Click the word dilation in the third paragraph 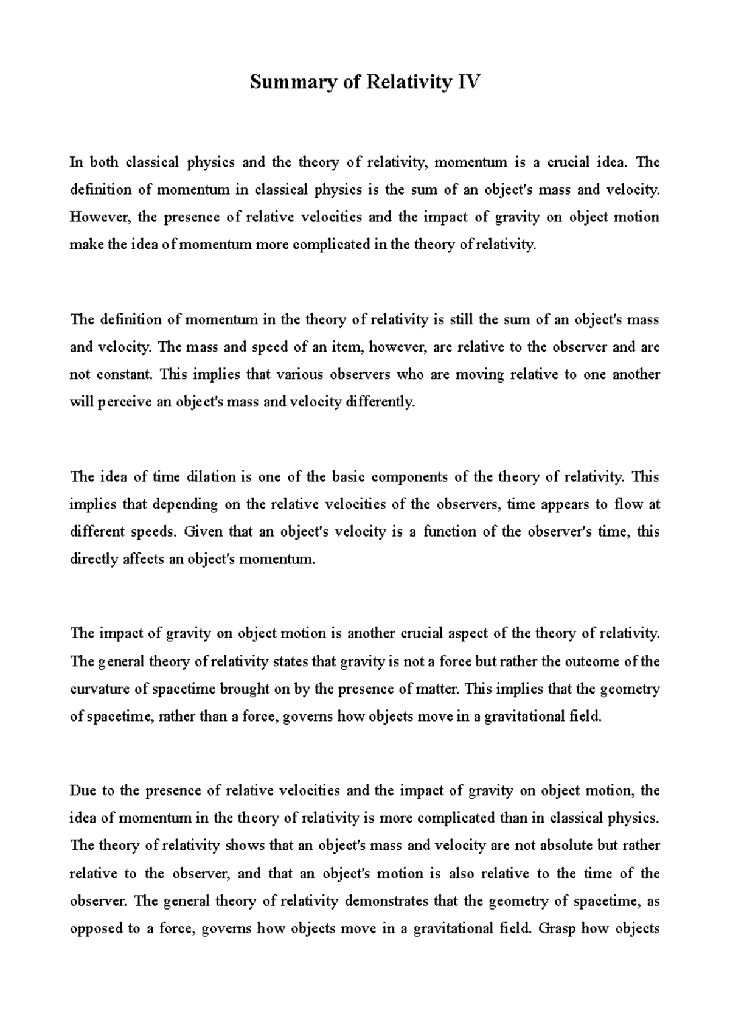206,477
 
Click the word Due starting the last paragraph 83,791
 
